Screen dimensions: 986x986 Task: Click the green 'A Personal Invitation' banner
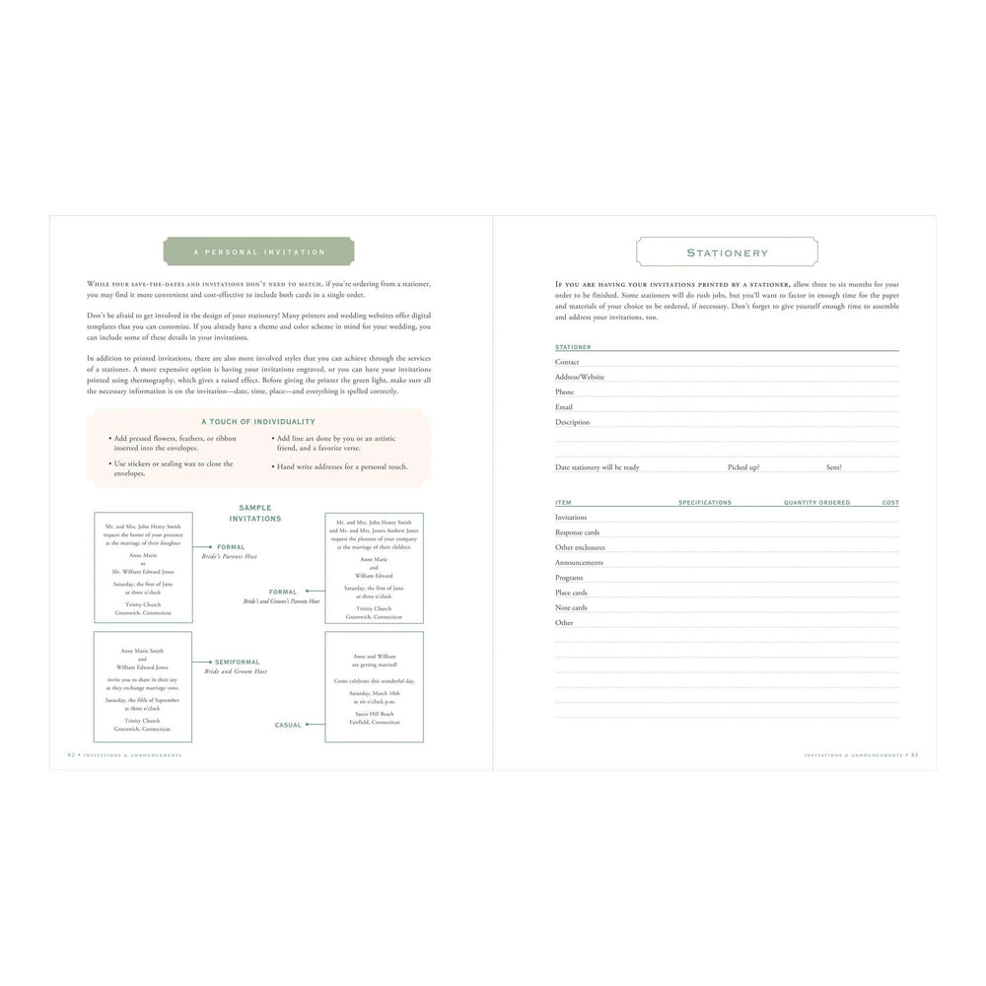pyautogui.click(x=259, y=251)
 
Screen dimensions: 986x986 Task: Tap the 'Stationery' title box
pyautogui.click(x=727, y=252)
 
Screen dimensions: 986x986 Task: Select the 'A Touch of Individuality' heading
pyautogui.click(x=258, y=421)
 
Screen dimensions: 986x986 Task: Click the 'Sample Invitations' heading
pyautogui.click(x=255, y=513)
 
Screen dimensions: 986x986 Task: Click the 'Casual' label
pyautogui.click(x=288, y=725)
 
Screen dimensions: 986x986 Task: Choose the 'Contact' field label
pyautogui.click(x=567, y=362)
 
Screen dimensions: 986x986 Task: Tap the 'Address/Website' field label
pyautogui.click(x=580, y=377)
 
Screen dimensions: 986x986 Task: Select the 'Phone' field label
pyautogui.click(x=564, y=391)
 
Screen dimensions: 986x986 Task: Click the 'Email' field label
pyautogui.click(x=564, y=406)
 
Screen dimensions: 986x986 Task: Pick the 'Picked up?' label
pyautogui.click(x=743, y=467)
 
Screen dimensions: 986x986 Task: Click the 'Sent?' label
pyautogui.click(x=834, y=467)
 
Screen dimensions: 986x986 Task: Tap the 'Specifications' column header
pyautogui.click(x=705, y=503)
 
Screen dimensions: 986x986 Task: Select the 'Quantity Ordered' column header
pyautogui.click(x=816, y=503)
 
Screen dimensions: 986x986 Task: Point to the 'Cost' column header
pyautogui.click(x=890, y=503)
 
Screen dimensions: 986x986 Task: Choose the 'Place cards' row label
pyautogui.click(x=571, y=593)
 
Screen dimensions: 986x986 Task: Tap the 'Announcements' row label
pyautogui.click(x=579, y=562)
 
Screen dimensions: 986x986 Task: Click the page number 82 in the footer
pyautogui.click(x=71, y=754)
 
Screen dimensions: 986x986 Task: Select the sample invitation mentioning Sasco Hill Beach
pyautogui.click(x=374, y=686)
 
